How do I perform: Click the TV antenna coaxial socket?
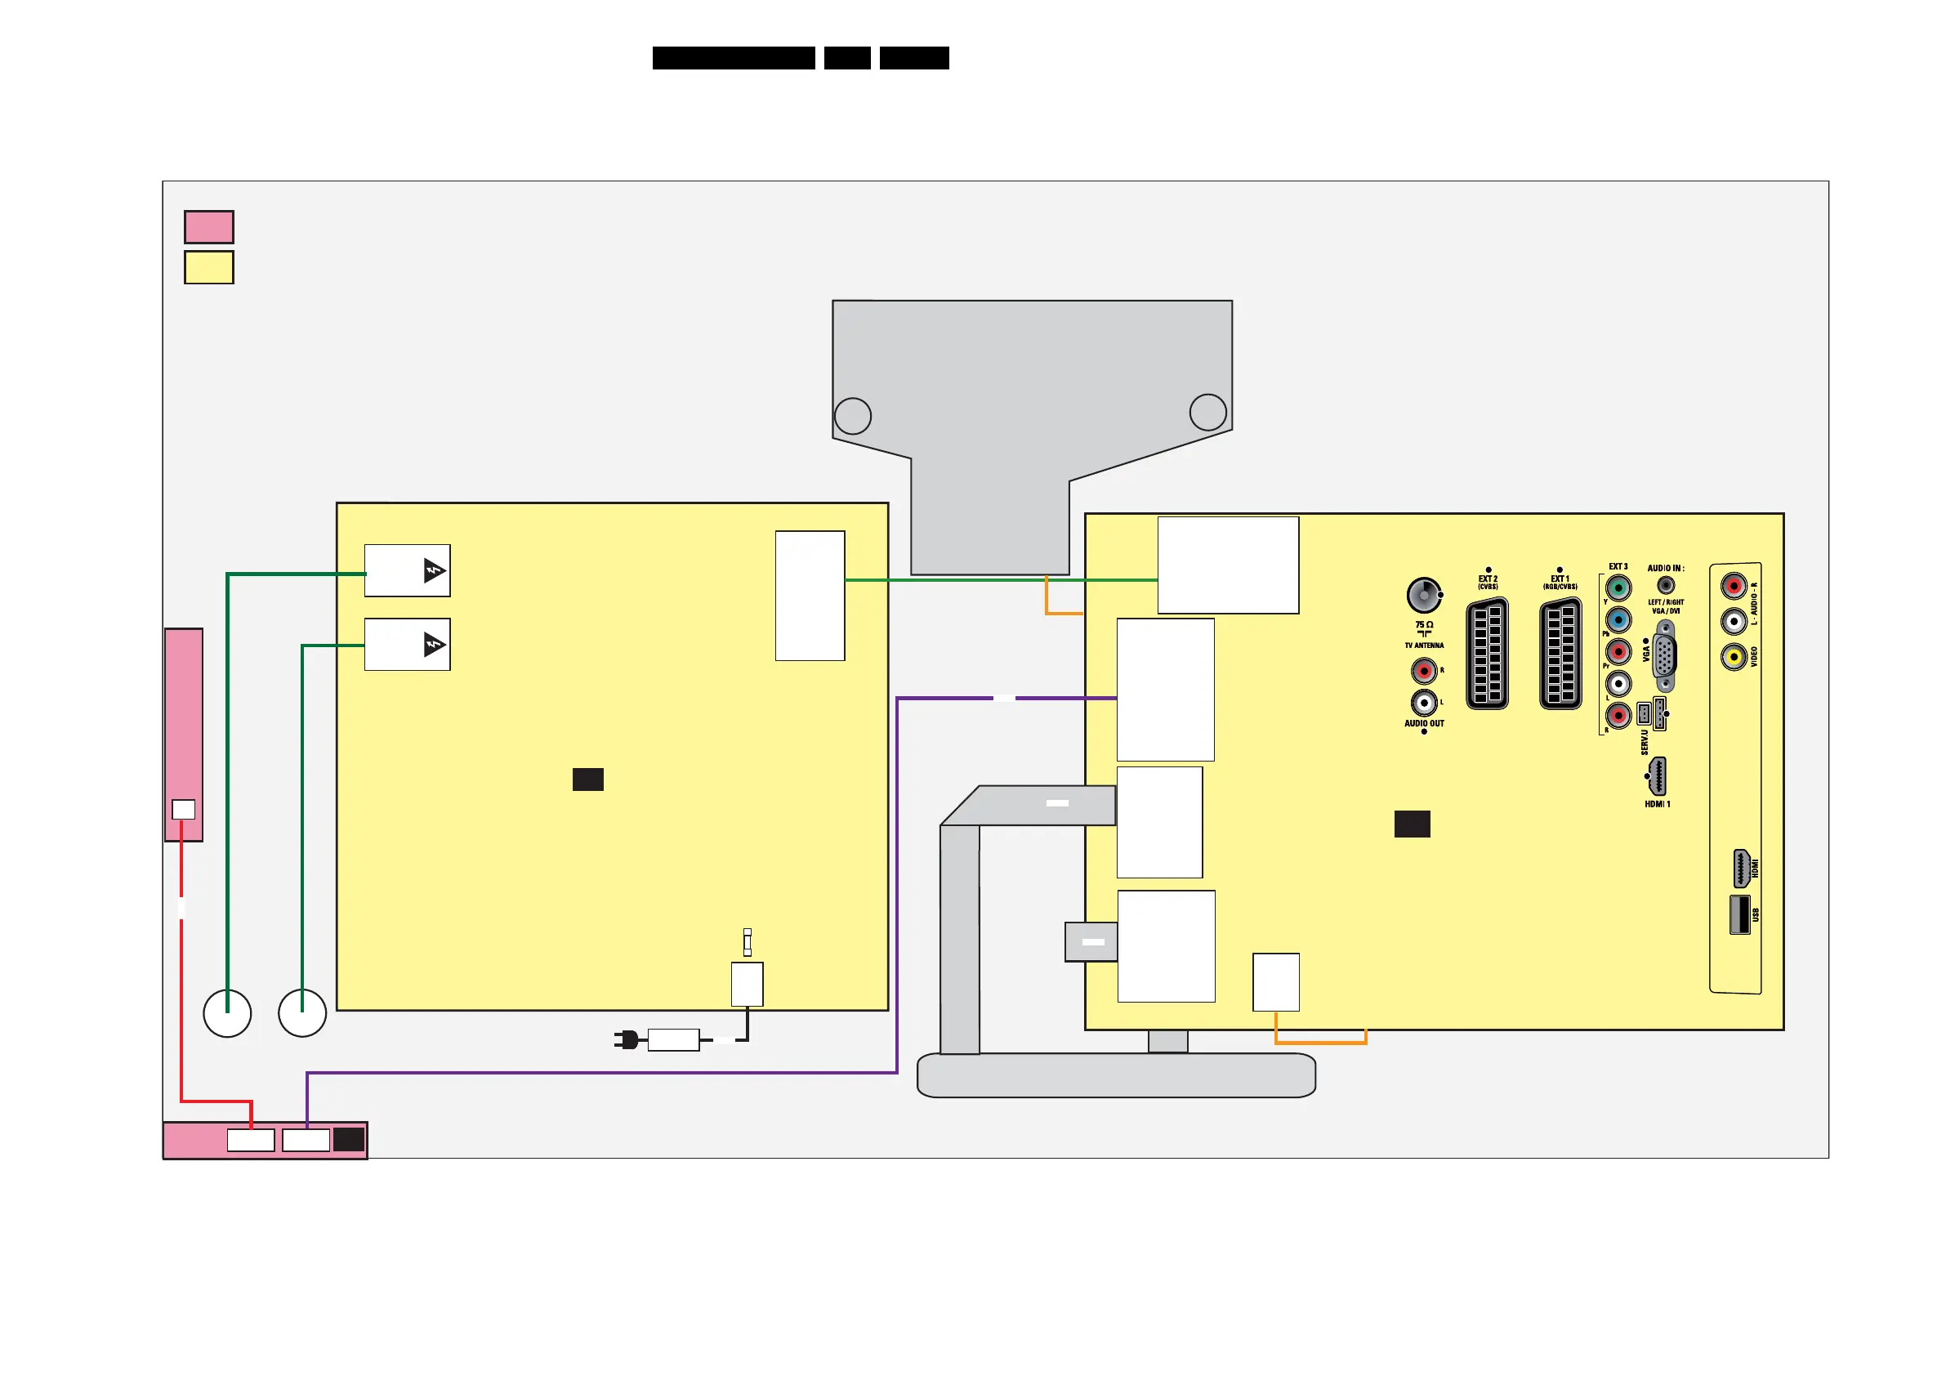(x=1424, y=595)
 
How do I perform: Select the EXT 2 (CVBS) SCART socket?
(x=1487, y=654)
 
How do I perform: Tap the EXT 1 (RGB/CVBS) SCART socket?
(x=1560, y=654)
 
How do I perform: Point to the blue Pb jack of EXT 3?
(x=1618, y=619)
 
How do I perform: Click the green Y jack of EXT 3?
(x=1618, y=587)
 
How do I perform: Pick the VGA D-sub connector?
(x=1665, y=655)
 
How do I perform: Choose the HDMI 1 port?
(x=1657, y=776)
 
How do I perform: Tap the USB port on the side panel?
(x=1739, y=915)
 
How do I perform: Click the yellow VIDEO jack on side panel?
(x=1734, y=656)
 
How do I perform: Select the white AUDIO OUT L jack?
(x=1424, y=703)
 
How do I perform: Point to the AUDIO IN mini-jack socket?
(x=1666, y=585)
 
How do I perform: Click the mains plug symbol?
(x=627, y=1039)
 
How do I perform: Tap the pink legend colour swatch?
(x=208, y=227)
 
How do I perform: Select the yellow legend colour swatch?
(x=208, y=268)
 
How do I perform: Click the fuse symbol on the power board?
(x=747, y=942)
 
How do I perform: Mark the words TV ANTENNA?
(x=1424, y=646)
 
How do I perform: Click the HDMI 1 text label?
(x=1657, y=805)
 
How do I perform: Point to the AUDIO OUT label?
(x=1424, y=724)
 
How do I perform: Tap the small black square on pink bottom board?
(x=348, y=1140)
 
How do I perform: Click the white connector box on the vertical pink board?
(x=183, y=810)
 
